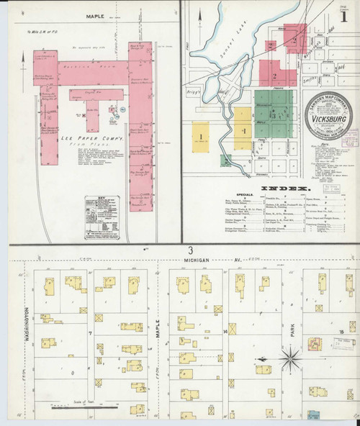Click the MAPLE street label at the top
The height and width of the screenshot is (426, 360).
coord(95,14)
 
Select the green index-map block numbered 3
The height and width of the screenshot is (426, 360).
coord(272,114)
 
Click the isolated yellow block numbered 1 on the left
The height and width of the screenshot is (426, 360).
coord(201,135)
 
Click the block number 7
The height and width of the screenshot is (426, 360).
coord(89,333)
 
